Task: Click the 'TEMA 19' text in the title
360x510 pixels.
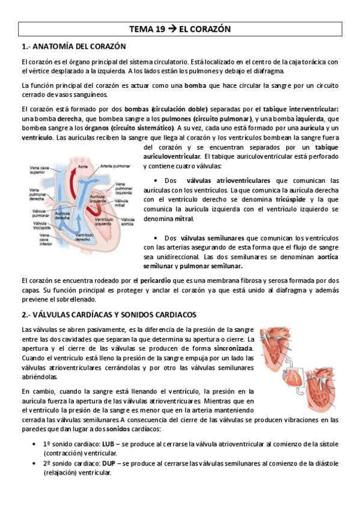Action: (x=148, y=29)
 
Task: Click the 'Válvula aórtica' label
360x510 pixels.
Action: (x=127, y=222)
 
